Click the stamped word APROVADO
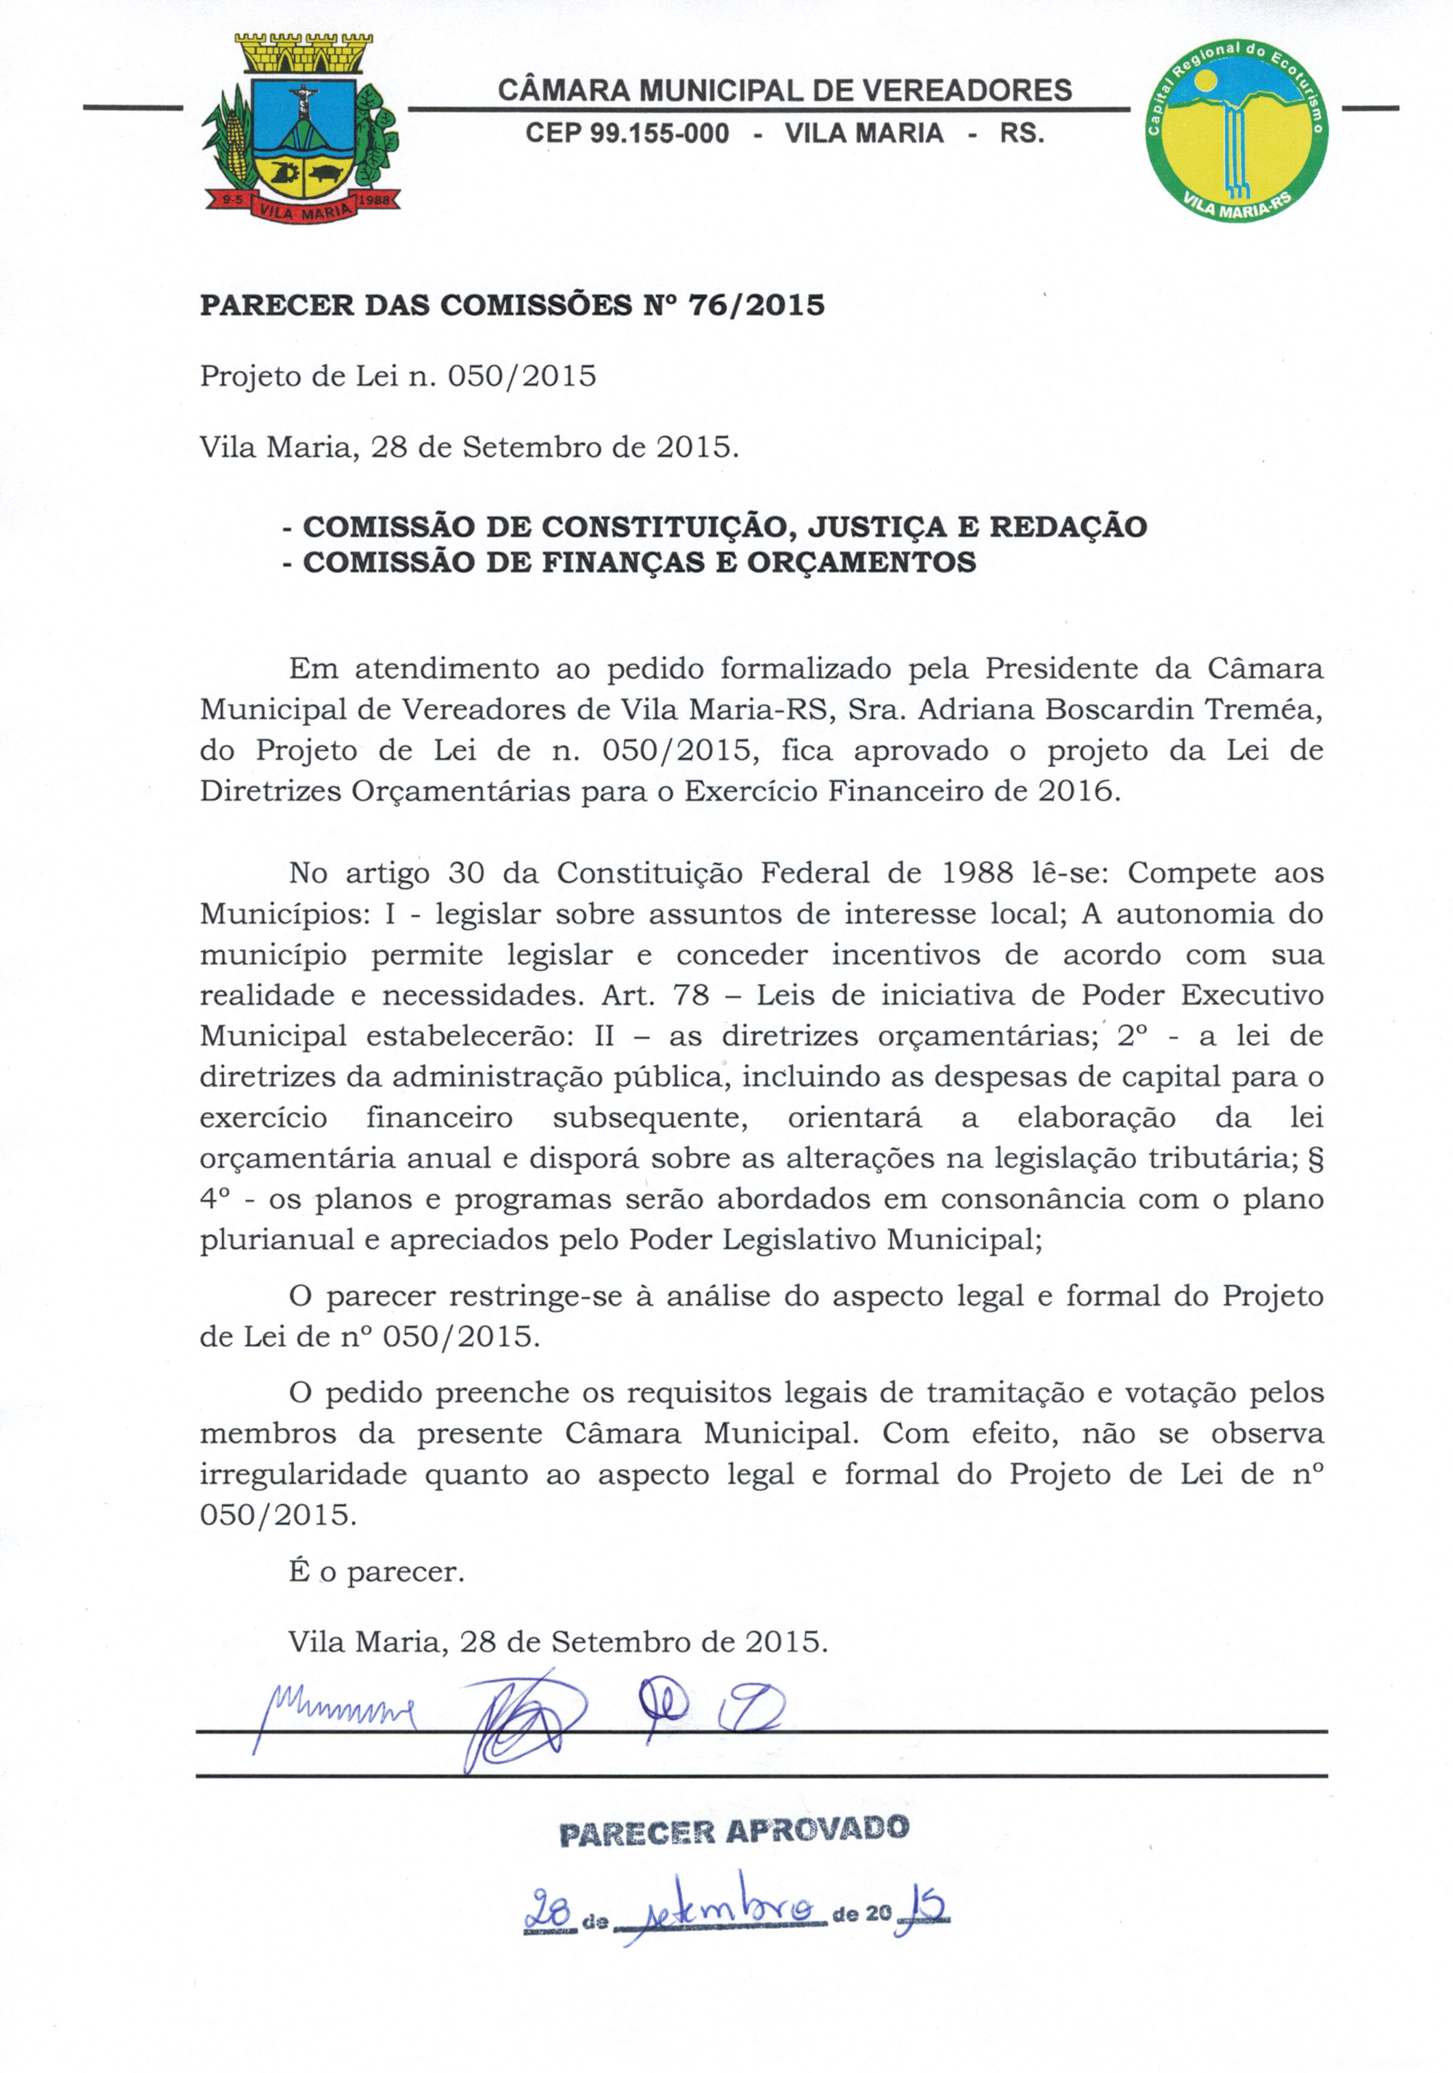tap(817, 1830)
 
